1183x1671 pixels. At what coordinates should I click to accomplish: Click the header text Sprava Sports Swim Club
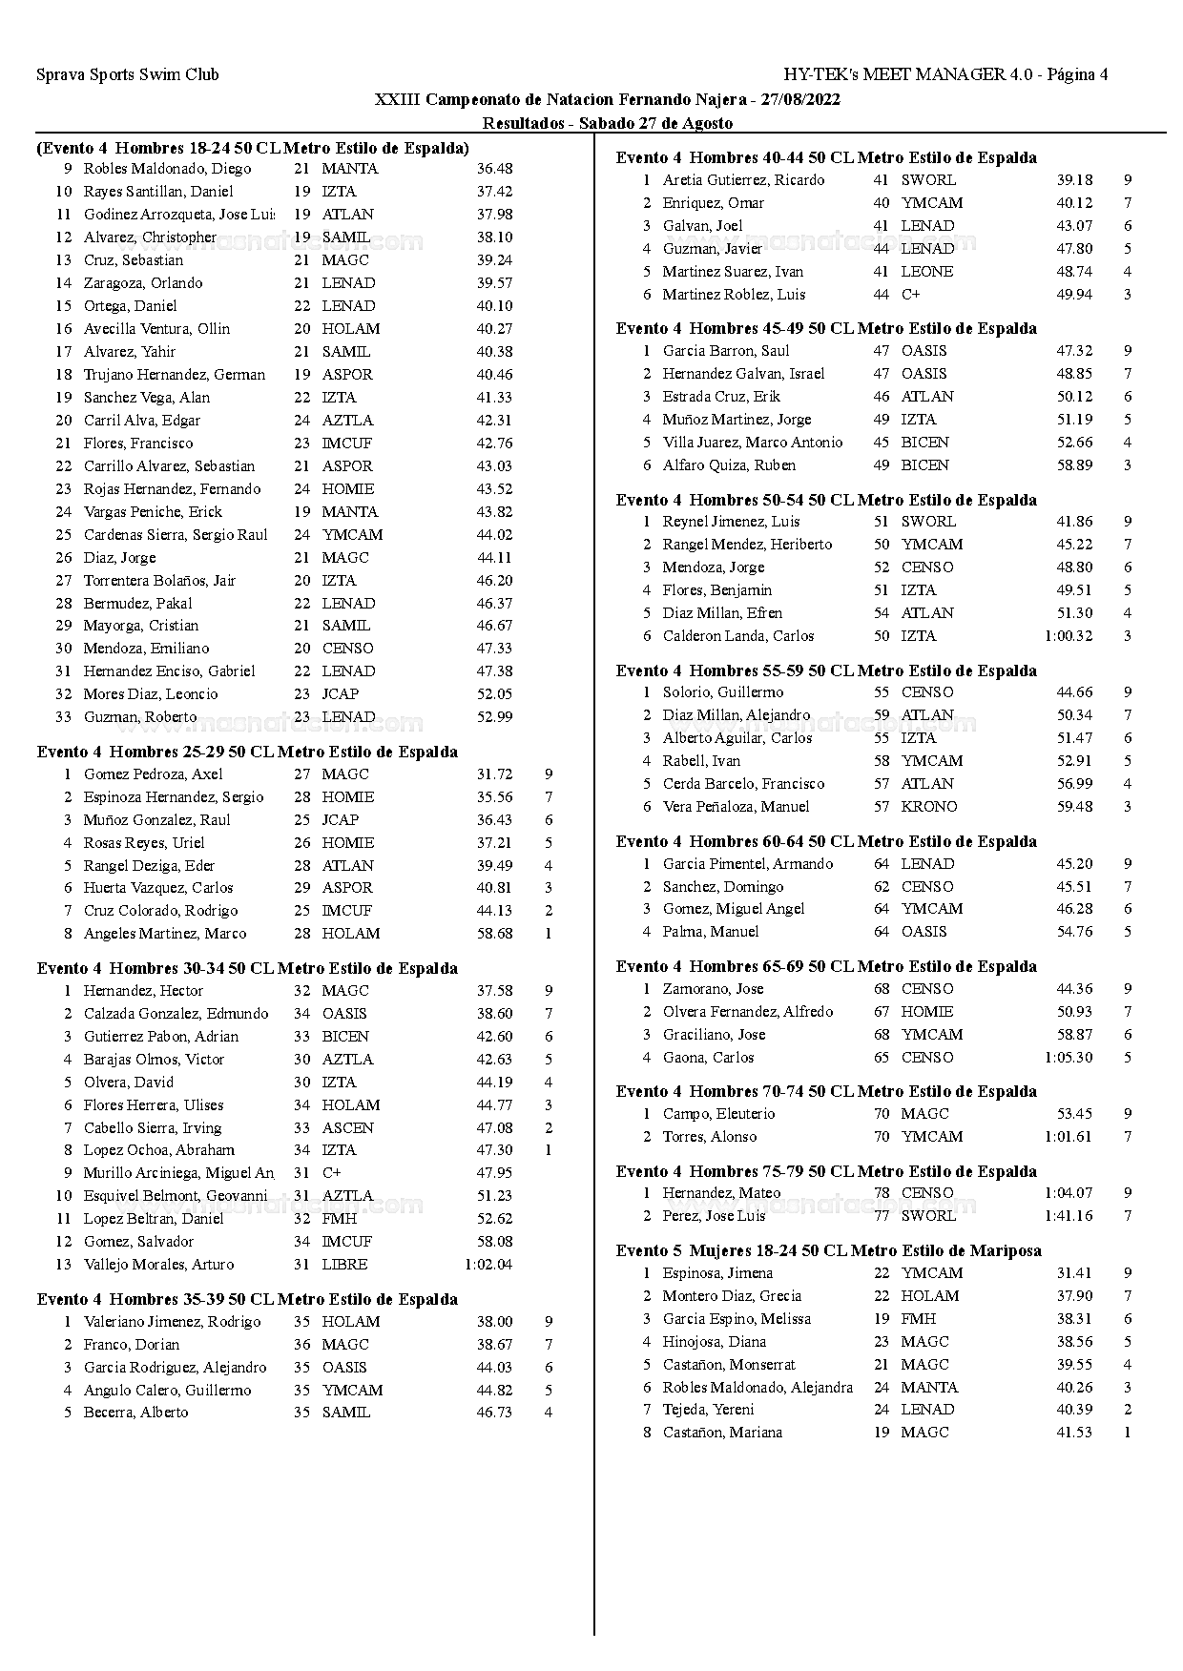128,74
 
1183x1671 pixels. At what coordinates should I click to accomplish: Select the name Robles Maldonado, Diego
167,169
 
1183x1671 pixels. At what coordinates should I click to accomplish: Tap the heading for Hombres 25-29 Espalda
247,752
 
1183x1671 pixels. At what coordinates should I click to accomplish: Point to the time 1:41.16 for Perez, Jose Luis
1069,1216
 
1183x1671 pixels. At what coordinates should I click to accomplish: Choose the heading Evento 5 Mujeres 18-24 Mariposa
828,1250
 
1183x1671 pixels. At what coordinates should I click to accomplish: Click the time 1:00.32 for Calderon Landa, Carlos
1069,636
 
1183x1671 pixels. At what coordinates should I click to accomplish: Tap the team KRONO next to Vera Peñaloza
928,807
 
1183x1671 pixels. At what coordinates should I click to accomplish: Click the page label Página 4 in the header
1077,74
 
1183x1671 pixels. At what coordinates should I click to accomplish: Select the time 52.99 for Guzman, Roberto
494,717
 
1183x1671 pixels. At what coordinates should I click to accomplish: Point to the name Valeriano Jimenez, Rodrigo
172,1322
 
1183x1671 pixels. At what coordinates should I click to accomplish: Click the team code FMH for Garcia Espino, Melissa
918,1319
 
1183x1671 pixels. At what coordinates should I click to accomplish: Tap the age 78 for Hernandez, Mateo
881,1193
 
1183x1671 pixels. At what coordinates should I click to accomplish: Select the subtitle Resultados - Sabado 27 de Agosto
607,123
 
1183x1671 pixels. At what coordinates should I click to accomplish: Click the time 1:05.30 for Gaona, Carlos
1069,1058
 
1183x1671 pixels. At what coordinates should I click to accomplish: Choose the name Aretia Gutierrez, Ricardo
743,180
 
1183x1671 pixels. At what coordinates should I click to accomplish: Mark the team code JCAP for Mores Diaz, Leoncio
340,694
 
